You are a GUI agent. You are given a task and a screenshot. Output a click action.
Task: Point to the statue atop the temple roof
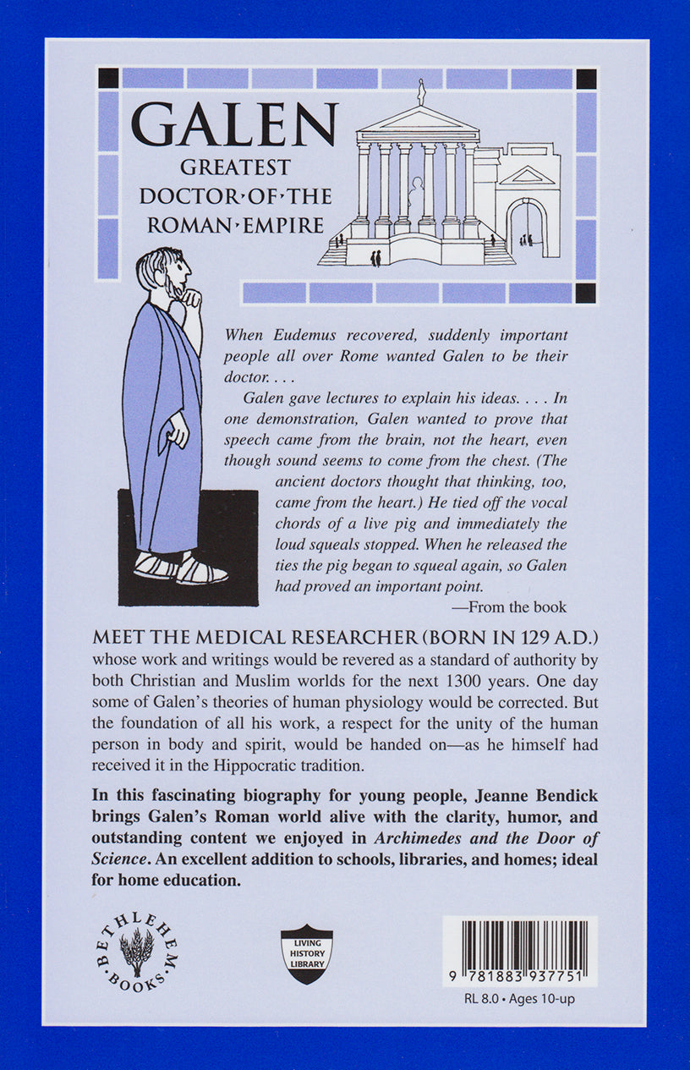(x=420, y=91)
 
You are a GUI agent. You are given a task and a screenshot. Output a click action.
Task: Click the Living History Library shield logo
(x=307, y=954)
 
